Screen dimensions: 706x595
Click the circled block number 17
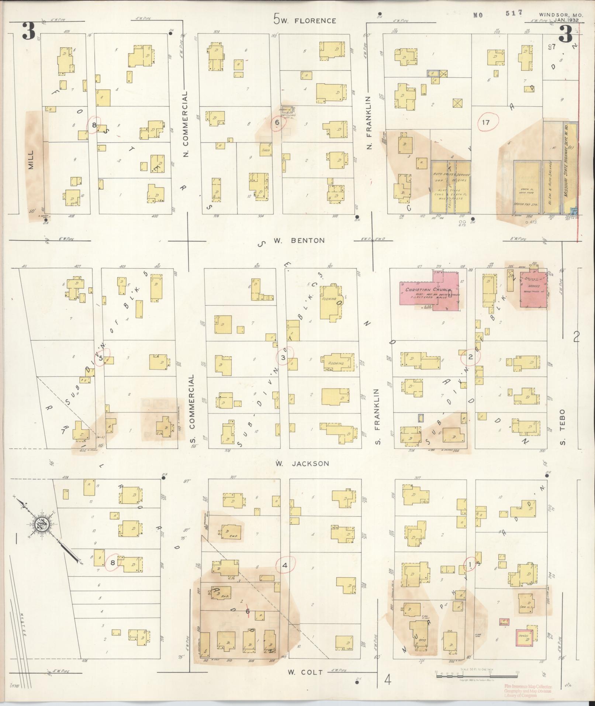[x=485, y=122]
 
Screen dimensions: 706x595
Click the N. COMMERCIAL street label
[x=186, y=124]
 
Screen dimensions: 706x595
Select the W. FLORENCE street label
[x=305, y=21]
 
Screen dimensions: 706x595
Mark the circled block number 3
[x=283, y=358]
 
